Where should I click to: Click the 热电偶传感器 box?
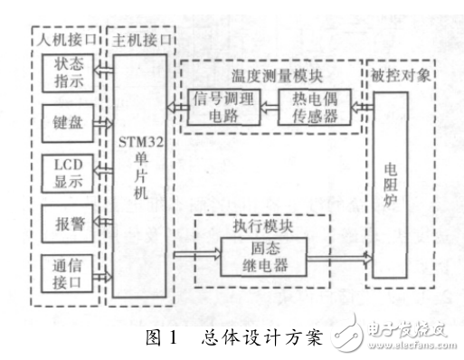[314, 109]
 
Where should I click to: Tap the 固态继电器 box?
[263, 256]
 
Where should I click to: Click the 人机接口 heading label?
[63, 41]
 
